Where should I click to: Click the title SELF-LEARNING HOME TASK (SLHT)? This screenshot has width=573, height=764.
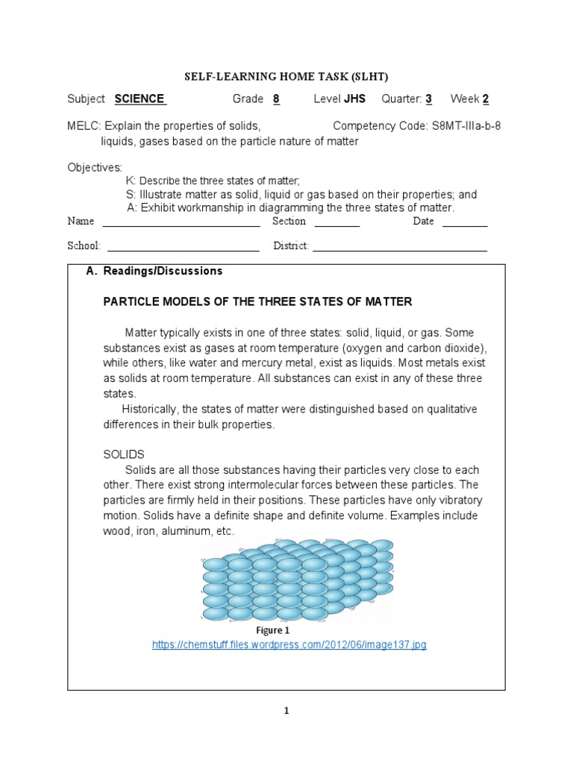(286, 76)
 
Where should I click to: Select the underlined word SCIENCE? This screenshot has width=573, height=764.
(140, 99)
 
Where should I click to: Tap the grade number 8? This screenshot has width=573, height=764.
(276, 99)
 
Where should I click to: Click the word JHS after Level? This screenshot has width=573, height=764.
(354, 99)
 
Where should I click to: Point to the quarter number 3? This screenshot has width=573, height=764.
(429, 99)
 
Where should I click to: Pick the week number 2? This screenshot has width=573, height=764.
(486, 99)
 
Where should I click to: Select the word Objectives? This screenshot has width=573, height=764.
(95, 167)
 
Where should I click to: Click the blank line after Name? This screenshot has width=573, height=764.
(181, 223)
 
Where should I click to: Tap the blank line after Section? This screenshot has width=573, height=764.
(336, 223)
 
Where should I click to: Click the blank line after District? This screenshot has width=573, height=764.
(399, 248)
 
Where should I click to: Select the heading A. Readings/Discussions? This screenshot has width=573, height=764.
(154, 272)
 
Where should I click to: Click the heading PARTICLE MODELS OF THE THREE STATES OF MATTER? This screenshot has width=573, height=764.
(257, 301)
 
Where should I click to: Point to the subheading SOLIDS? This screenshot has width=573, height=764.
(123, 454)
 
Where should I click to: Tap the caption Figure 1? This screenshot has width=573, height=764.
(273, 630)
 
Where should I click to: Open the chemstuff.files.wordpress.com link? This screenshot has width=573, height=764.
(289, 645)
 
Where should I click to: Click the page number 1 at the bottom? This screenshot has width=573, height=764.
(286, 711)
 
